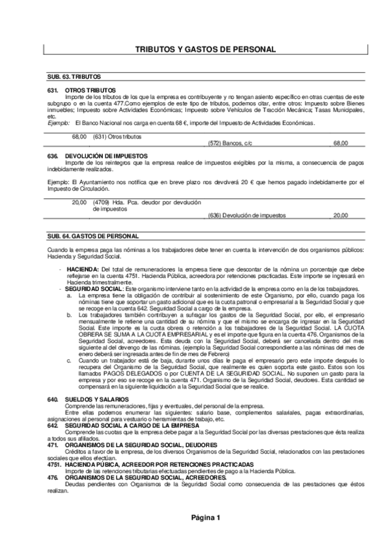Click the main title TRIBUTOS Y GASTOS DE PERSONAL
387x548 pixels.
point(205,49)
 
